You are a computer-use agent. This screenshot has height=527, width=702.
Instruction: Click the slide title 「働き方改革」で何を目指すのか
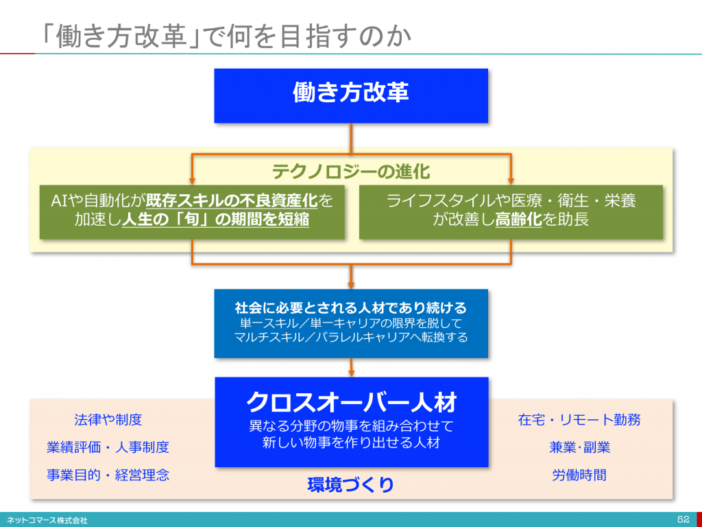point(225,36)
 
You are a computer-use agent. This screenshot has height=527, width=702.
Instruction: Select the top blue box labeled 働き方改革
point(351,95)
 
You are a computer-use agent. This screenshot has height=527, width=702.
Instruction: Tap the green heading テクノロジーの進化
point(351,172)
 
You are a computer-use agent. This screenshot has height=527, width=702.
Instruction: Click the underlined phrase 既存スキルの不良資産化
point(232,201)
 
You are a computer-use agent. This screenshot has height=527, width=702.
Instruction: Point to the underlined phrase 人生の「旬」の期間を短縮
point(216,220)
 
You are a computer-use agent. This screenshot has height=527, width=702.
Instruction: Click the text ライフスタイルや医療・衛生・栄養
point(511,201)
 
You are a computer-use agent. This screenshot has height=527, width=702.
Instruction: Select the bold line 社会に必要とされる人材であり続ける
point(351,308)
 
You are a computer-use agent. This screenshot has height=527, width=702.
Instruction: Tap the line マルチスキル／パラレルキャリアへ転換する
point(351,337)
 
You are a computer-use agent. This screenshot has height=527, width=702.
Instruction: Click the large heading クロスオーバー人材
point(352,402)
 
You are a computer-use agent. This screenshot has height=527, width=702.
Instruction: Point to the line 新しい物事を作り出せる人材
point(352,443)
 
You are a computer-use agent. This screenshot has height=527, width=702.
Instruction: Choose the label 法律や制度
point(108,419)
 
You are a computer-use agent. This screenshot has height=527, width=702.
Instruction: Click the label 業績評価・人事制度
point(108,447)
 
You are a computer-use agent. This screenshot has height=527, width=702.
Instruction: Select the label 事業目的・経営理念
point(108,475)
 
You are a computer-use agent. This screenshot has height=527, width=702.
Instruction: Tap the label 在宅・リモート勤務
point(579,419)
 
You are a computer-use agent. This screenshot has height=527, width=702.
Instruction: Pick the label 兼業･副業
point(579,447)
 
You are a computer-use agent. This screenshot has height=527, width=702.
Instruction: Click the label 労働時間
point(579,475)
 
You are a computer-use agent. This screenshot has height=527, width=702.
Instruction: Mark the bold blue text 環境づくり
point(351,484)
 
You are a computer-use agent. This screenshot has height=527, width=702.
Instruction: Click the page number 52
point(683,519)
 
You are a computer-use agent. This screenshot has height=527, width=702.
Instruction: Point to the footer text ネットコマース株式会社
point(47,520)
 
